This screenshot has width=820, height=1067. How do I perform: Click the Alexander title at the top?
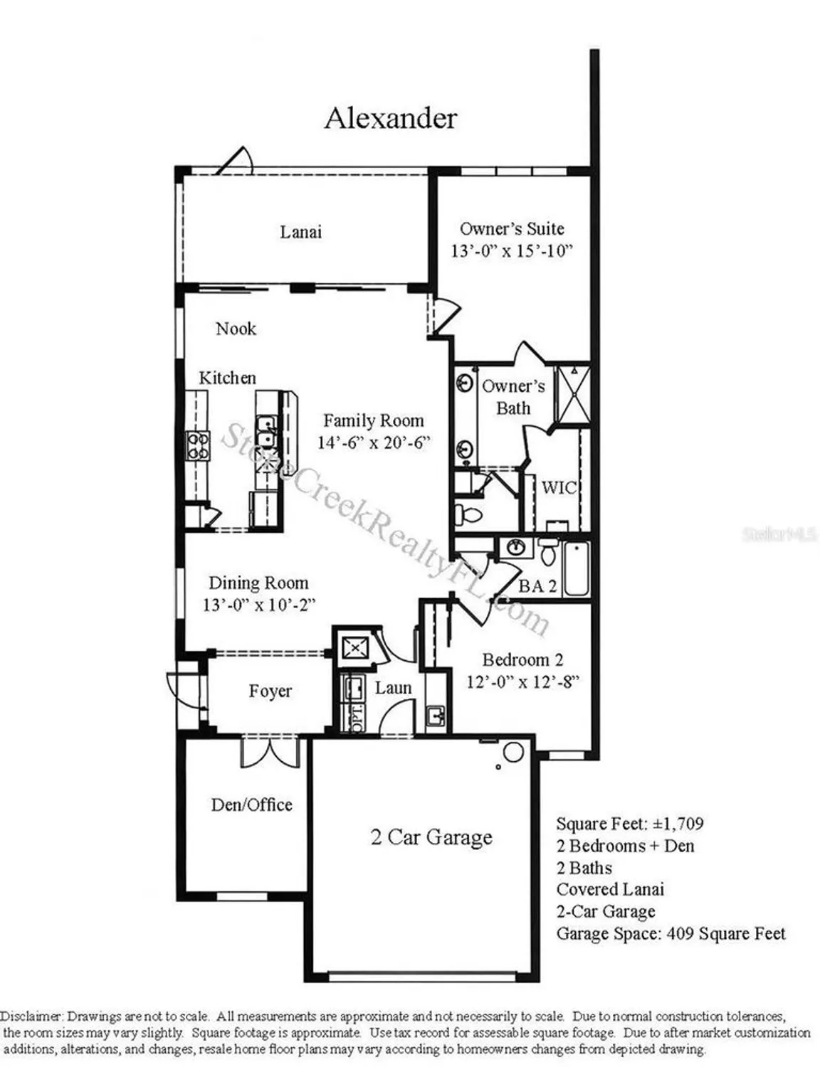pyautogui.click(x=390, y=118)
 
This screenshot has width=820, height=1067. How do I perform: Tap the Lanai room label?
pyautogui.click(x=300, y=232)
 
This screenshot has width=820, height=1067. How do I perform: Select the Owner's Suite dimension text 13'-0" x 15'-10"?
pyautogui.click(x=512, y=251)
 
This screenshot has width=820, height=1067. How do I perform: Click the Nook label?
pyautogui.click(x=236, y=329)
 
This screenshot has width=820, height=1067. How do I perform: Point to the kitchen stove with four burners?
pyautogui.click(x=198, y=446)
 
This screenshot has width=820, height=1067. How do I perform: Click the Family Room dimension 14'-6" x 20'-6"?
pyautogui.click(x=374, y=442)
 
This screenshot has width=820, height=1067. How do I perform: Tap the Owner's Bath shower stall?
pyautogui.click(x=572, y=394)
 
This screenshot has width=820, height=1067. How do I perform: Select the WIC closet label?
pyautogui.click(x=559, y=488)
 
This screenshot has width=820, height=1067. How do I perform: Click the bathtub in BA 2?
pyautogui.click(x=577, y=569)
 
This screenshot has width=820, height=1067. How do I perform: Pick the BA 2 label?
pyautogui.click(x=537, y=586)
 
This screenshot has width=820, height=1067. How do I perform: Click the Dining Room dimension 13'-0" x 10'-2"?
pyautogui.click(x=258, y=605)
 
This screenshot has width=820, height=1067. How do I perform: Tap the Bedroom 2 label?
pyautogui.click(x=522, y=660)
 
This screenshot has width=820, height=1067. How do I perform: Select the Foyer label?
pyautogui.click(x=270, y=691)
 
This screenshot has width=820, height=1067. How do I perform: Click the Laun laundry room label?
pyautogui.click(x=393, y=688)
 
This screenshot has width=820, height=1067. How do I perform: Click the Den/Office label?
pyautogui.click(x=251, y=805)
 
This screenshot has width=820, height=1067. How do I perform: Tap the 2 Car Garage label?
pyautogui.click(x=431, y=837)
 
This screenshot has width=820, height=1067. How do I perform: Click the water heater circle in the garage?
pyautogui.click(x=513, y=752)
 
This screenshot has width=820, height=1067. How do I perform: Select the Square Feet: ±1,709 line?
pyautogui.click(x=630, y=824)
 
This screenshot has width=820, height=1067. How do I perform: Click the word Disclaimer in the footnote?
pyautogui.click(x=31, y=1016)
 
